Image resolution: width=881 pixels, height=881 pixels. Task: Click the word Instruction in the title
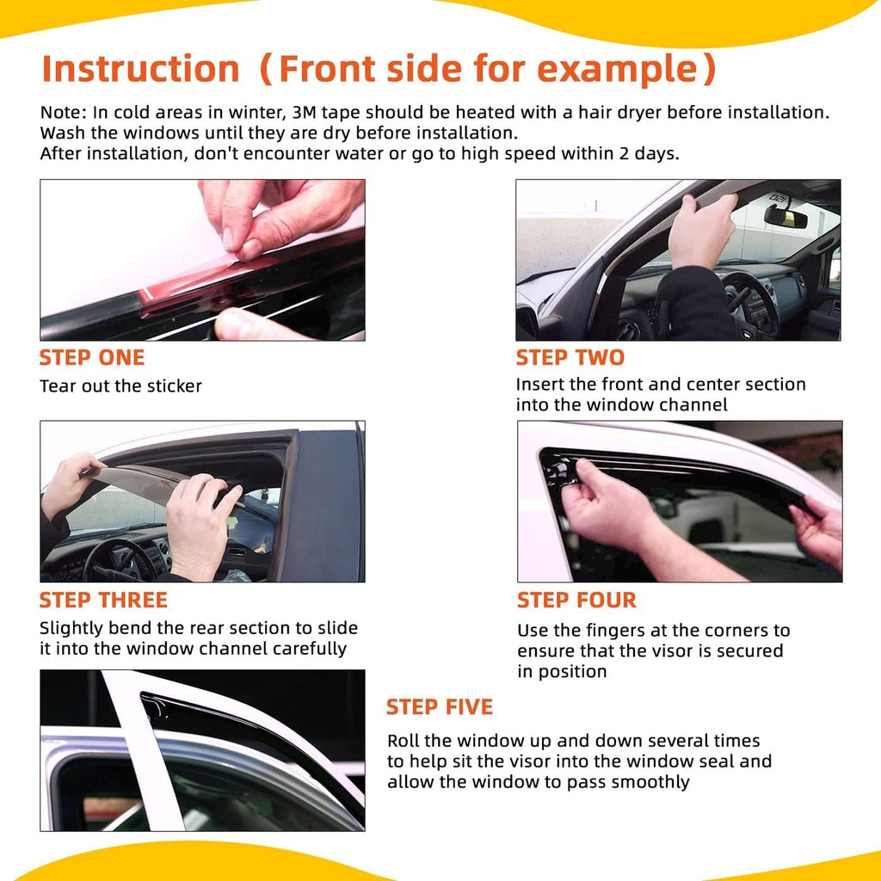coord(140,68)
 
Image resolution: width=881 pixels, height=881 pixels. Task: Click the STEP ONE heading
coord(92,358)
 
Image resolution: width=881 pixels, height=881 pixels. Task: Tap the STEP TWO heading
coord(570,358)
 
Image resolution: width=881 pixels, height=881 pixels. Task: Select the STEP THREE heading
coord(104,600)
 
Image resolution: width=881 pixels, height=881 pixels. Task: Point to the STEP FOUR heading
coord(576,600)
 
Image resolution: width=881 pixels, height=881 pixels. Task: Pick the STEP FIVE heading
coord(439,707)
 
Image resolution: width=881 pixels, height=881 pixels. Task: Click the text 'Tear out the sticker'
coord(120,386)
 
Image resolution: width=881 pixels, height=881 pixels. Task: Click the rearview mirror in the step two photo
coord(785,217)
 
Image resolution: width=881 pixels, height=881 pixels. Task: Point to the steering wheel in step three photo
coord(120,559)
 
